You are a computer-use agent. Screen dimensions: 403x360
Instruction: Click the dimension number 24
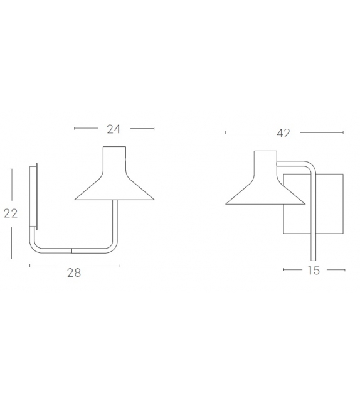(114, 129)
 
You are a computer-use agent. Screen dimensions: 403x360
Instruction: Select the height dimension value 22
(11, 213)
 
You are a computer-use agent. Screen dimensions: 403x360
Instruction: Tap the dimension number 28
(74, 273)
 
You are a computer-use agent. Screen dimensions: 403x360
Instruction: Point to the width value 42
(283, 133)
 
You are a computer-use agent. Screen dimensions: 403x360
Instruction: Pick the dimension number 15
(314, 271)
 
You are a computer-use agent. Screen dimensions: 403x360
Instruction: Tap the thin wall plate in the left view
(36, 195)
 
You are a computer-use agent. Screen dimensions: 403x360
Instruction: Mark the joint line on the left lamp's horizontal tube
(71, 250)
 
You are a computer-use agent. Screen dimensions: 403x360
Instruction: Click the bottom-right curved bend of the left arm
(113, 247)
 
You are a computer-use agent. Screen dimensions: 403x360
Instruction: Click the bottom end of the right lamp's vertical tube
(313, 258)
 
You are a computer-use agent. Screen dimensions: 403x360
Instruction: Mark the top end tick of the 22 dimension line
(11, 168)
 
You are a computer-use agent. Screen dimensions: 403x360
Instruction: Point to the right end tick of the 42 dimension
(344, 132)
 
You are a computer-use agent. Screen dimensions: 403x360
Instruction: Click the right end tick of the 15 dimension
(345, 270)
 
